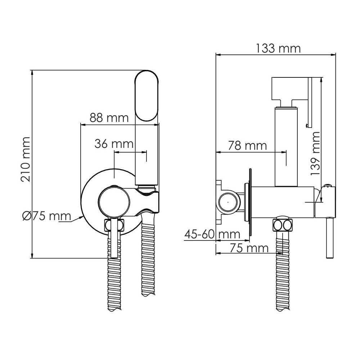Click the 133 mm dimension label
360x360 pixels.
[278, 49]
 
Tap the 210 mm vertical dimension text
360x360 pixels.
[26, 159]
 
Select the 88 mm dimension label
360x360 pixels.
[109, 118]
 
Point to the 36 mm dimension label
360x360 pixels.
[114, 144]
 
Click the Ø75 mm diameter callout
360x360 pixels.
[47, 216]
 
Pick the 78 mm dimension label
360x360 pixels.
[248, 145]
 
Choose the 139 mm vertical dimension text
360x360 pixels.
[315, 153]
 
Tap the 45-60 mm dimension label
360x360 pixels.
[212, 234]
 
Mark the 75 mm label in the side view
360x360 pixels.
[249, 248]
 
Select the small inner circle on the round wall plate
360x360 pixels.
[114, 201]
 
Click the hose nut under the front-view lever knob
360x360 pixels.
[114, 225]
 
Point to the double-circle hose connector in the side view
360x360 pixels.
[283, 225]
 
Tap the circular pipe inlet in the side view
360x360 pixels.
[227, 202]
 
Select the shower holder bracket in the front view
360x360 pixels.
[147, 201]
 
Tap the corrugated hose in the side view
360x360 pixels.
[283, 271]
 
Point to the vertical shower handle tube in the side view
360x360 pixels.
[286, 147]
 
